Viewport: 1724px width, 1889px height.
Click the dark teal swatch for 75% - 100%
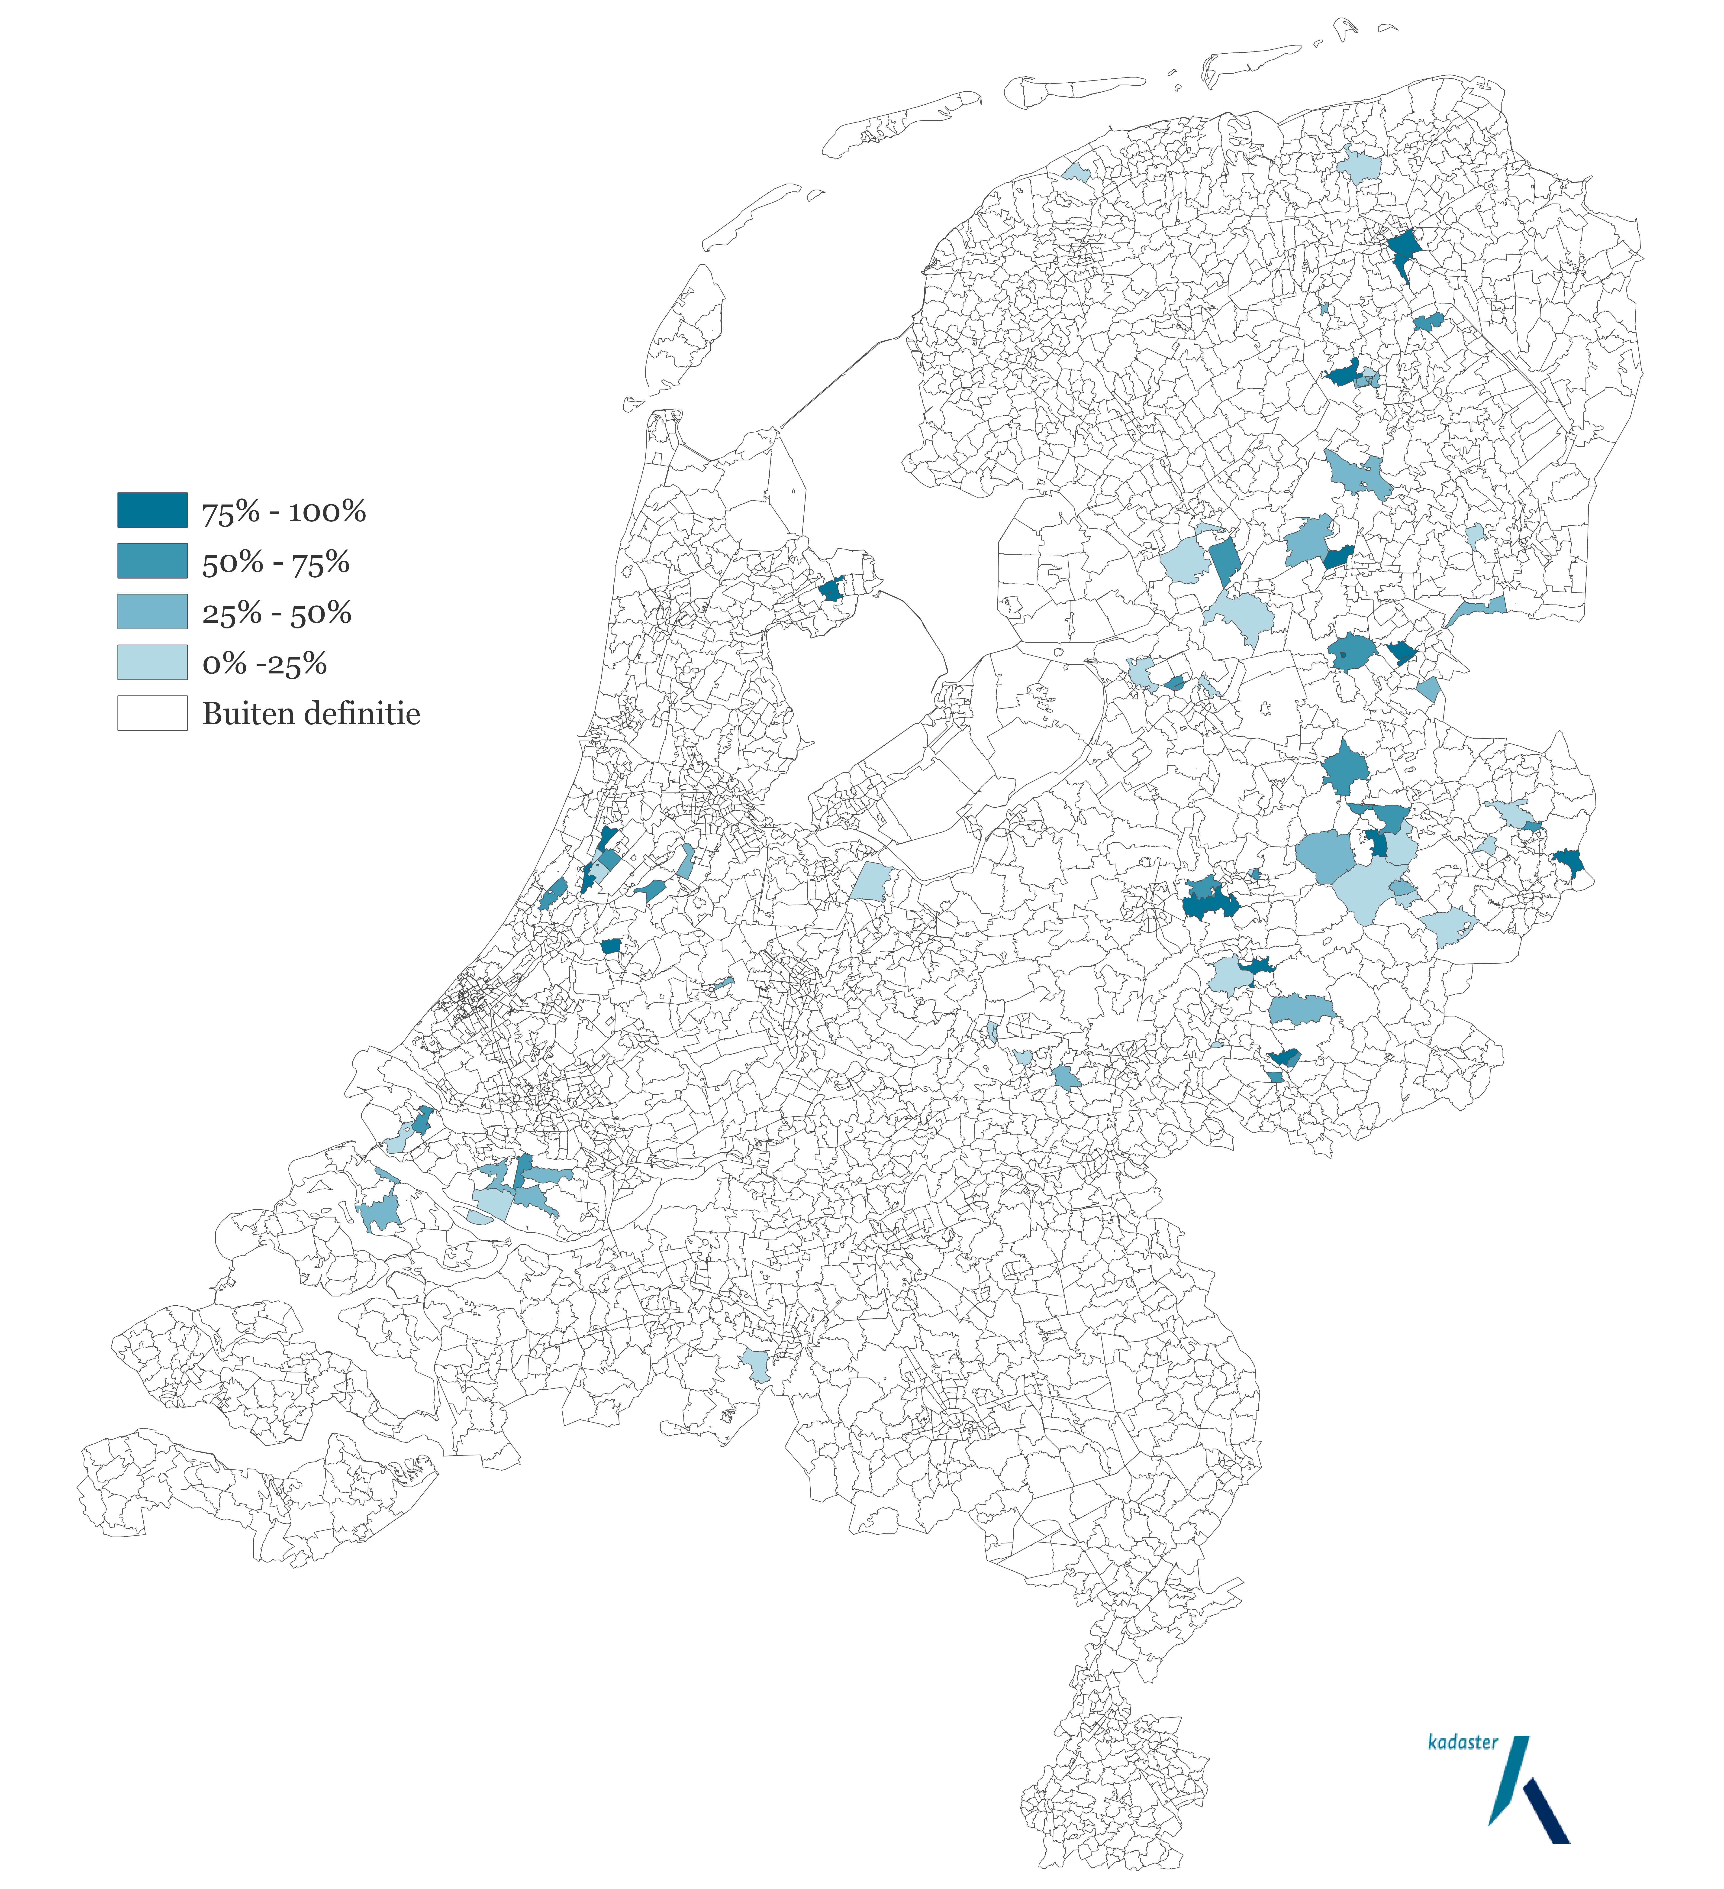[x=152, y=510]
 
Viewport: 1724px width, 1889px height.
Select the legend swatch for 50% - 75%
[x=152, y=560]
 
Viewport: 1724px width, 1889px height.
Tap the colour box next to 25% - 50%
[x=152, y=611]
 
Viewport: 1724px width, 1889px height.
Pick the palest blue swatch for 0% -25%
[x=152, y=662]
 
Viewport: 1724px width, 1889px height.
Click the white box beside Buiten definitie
[x=152, y=712]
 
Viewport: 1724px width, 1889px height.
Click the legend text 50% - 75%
[x=275, y=562]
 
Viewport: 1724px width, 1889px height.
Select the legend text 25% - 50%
[x=276, y=613]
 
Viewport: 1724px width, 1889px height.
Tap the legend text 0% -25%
[x=264, y=663]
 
